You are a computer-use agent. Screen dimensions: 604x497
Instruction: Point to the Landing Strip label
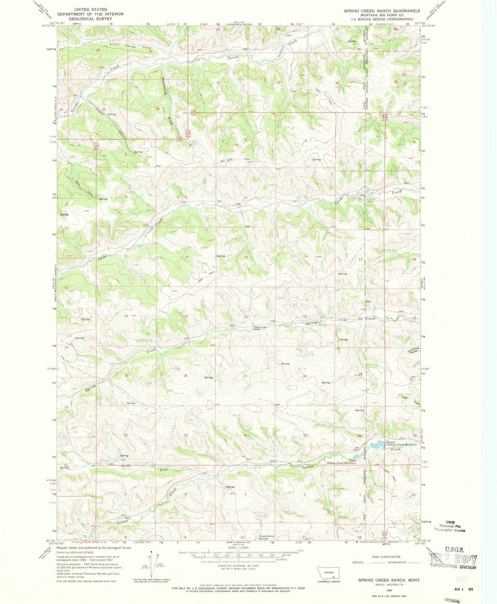374,200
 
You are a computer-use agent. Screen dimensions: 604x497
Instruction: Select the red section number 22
246,316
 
